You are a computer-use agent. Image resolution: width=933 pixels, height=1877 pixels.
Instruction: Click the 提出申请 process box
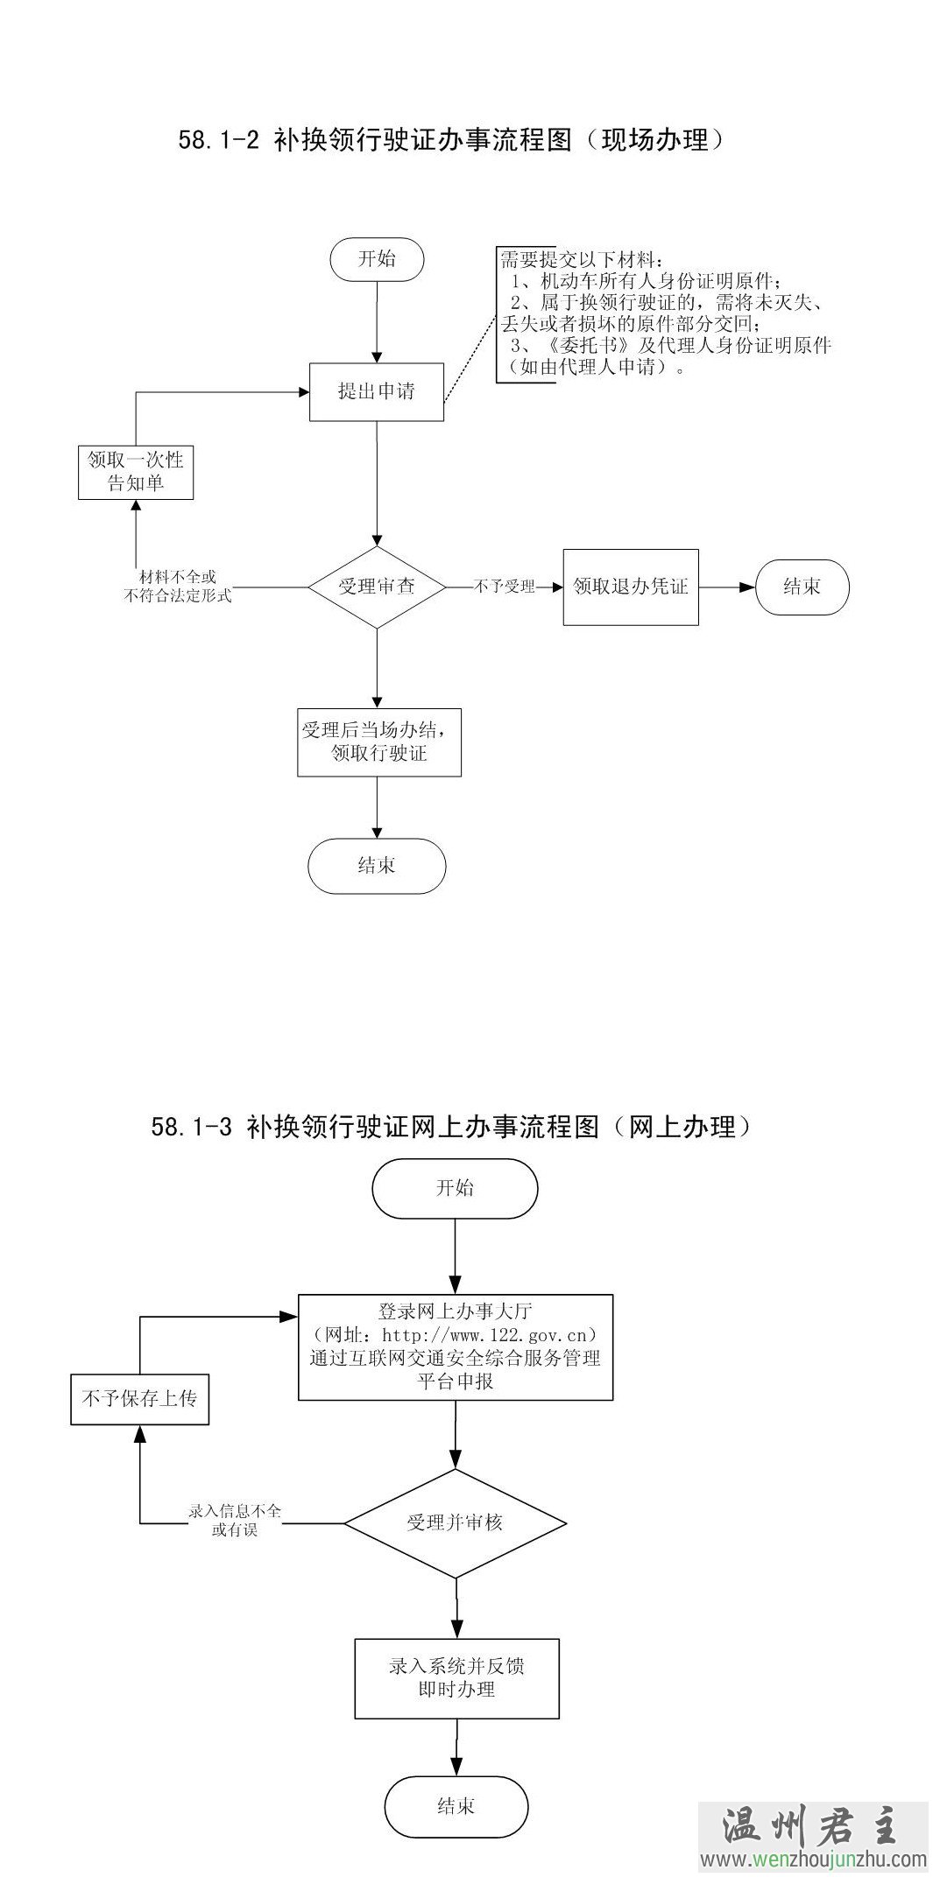click(377, 391)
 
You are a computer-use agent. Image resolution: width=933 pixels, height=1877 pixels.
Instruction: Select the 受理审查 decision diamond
click(377, 587)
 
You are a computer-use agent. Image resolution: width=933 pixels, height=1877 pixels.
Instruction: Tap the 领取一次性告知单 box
click(136, 472)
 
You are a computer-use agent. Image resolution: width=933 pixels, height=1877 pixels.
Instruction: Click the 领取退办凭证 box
click(631, 587)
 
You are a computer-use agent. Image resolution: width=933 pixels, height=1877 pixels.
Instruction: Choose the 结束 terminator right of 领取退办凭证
click(802, 587)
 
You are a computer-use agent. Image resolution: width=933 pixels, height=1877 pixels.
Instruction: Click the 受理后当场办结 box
click(379, 742)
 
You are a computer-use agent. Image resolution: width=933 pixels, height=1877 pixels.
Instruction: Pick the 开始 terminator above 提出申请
click(377, 258)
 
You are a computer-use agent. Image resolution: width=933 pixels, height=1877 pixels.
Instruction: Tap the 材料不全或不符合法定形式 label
click(178, 587)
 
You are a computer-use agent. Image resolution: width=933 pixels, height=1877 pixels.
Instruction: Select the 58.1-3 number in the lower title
click(192, 1127)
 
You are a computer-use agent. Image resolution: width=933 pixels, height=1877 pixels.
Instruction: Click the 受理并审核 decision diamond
click(455, 1522)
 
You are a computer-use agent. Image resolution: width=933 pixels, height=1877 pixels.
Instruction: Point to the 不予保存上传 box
click(139, 1399)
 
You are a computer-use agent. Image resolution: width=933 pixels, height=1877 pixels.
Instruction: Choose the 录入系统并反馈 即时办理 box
click(456, 1677)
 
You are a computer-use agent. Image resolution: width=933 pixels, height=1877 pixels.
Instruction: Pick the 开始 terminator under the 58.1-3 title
click(455, 1188)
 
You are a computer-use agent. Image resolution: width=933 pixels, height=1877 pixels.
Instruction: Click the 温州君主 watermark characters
click(810, 1827)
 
